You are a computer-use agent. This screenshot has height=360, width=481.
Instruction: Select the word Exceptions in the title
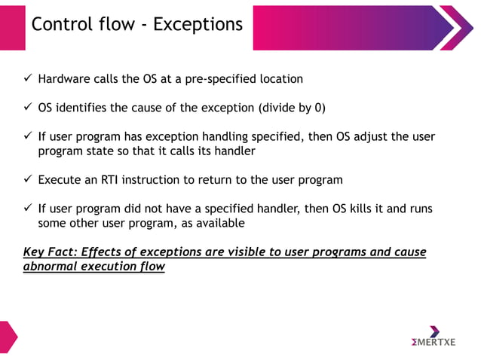pos(198,24)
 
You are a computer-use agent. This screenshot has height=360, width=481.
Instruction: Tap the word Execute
pos(61,180)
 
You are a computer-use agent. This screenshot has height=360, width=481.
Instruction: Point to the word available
pos(219,223)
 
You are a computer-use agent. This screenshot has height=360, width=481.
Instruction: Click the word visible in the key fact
pos(245,252)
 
